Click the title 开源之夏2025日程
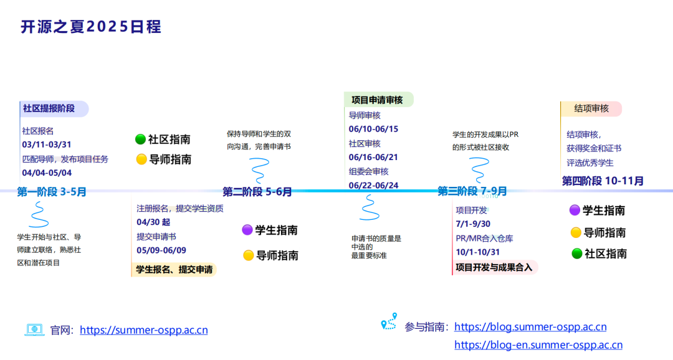[91, 27]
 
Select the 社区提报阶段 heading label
[49, 108]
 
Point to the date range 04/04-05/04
[47, 173]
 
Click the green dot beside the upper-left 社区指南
[140, 140]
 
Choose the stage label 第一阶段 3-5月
[52, 192]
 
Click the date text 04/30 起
[153, 222]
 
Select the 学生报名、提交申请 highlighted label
[174, 270]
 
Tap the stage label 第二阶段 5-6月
[257, 192]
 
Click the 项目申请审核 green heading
[377, 100]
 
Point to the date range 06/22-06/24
[373, 185]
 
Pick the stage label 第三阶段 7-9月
[472, 191]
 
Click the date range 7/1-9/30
[473, 224]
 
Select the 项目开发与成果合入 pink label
[494, 268]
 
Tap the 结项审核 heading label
[591, 108]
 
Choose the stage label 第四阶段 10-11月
[603, 181]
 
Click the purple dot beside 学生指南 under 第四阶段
[575, 211]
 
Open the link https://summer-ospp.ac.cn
[144, 330]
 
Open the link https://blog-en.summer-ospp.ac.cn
[538, 344]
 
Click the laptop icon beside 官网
[34, 329]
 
